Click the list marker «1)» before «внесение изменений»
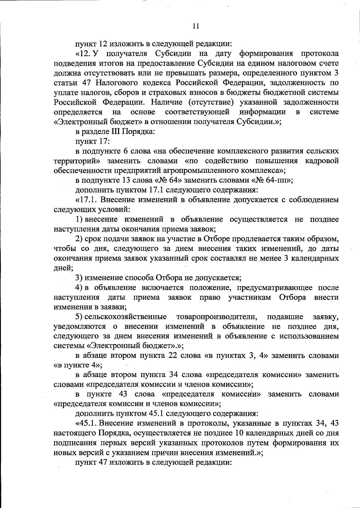[79, 219]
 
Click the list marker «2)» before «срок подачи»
[79, 239]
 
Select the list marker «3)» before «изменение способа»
[79, 278]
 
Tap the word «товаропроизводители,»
[217, 317]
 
